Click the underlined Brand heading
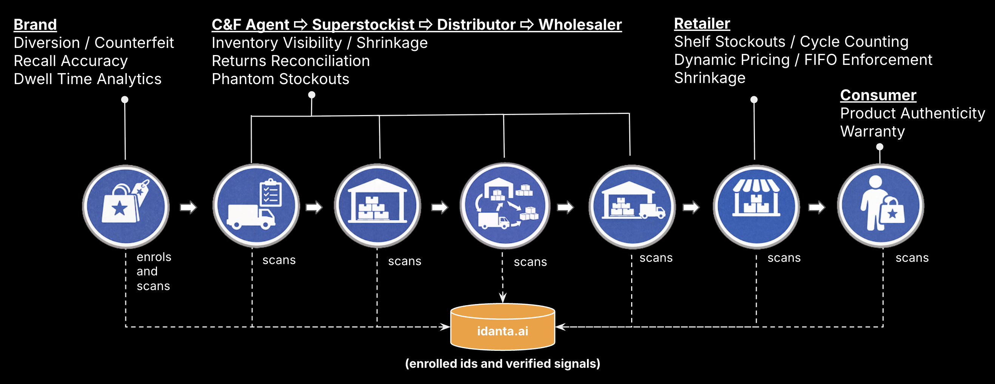tap(35, 25)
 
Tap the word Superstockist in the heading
tap(363, 25)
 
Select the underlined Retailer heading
tap(702, 23)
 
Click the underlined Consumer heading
tap(878, 95)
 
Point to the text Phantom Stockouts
tap(280, 79)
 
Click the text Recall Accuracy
tap(71, 61)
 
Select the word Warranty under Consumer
tap(872, 132)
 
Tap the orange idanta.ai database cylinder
tap(502, 328)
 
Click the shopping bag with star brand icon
tap(126, 206)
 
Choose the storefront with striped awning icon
tap(756, 206)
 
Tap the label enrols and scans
tap(153, 271)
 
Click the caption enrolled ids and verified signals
tap(502, 364)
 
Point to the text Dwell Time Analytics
tap(87, 79)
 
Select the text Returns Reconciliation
tap(291, 61)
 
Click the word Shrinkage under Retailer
tap(710, 78)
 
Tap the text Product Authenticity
tap(912, 114)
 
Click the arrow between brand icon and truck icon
tap(188, 207)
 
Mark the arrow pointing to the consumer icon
tap(816, 207)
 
